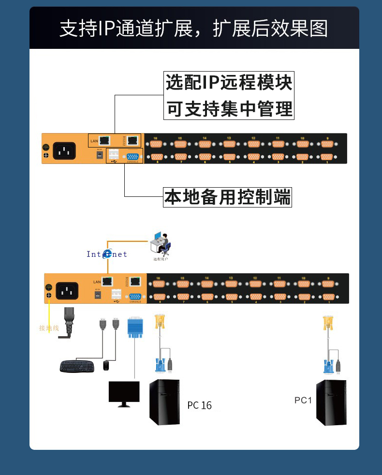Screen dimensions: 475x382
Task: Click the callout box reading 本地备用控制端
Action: [228, 197]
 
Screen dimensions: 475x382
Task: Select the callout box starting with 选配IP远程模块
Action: [229, 95]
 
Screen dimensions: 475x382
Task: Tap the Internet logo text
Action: [107, 254]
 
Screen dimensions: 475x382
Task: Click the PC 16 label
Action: [199, 405]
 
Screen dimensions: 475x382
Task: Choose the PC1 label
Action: [303, 401]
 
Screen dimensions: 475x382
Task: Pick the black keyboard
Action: [77, 366]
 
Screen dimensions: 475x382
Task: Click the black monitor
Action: [124, 393]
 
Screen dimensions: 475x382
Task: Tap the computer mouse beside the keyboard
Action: [106, 366]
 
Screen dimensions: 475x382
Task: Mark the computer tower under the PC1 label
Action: [332, 402]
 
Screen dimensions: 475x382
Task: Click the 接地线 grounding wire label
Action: [49, 328]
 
